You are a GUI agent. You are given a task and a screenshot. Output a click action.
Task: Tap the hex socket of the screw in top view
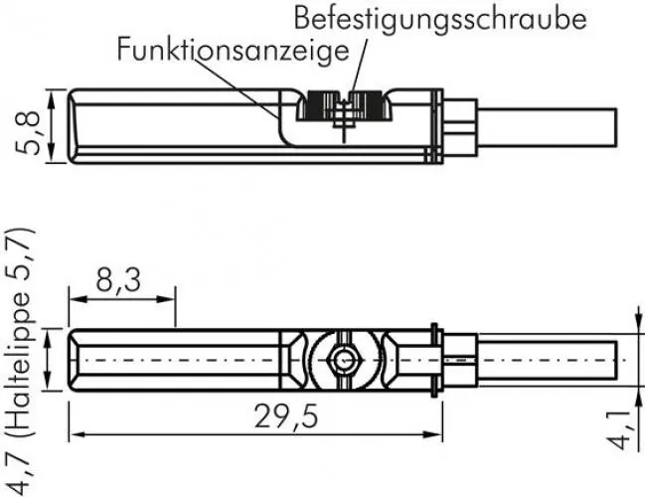[342, 360]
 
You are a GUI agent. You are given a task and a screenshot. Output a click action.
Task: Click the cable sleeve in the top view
[459, 359]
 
